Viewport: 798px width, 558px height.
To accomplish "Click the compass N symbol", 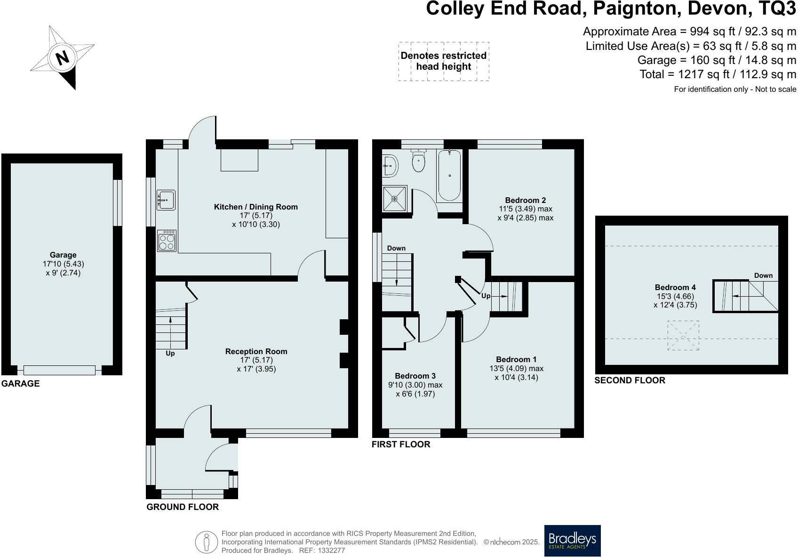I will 62,57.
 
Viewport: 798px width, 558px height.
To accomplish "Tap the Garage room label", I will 63,255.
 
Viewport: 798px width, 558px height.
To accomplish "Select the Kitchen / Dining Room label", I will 255,207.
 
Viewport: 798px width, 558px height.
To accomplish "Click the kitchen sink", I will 166,200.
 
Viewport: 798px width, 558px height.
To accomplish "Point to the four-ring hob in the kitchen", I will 166,241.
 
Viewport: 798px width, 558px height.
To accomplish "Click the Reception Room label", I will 256,351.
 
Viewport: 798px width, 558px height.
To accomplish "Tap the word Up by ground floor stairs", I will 170,353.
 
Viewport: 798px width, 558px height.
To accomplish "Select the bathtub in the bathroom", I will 449,175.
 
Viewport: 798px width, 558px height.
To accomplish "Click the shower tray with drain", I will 394,198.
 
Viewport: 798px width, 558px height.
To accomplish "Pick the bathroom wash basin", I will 390,165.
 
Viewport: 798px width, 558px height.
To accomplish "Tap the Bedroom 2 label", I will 525,200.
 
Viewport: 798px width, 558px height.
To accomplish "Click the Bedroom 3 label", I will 415,376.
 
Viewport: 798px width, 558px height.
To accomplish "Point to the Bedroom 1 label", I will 516,359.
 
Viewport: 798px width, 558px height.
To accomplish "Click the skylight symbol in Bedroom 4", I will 683,335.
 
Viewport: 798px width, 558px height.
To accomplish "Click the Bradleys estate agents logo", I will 572,541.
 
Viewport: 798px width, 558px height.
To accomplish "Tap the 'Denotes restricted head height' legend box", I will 443,61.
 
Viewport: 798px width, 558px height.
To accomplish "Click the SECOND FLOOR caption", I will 630,380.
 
